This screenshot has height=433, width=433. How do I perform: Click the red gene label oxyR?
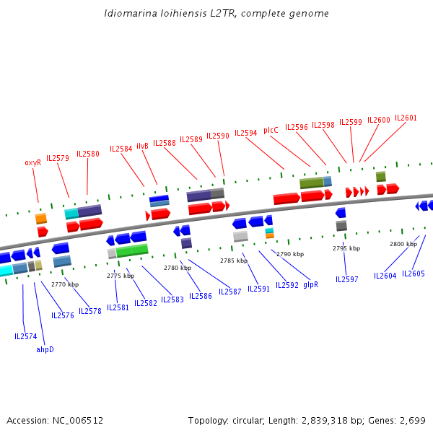(x=33, y=162)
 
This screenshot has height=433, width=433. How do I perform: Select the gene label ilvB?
(x=142, y=146)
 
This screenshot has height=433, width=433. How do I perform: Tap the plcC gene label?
(x=271, y=131)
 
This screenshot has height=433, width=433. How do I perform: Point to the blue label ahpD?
(x=45, y=349)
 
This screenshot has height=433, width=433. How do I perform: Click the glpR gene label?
(x=310, y=285)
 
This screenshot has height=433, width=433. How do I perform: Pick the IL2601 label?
(x=406, y=118)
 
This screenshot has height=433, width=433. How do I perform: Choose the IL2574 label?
(x=26, y=336)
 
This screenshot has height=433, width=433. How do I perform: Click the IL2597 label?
(x=347, y=279)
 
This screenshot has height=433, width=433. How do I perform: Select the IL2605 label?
(x=413, y=274)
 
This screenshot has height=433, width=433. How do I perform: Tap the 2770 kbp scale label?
(x=65, y=284)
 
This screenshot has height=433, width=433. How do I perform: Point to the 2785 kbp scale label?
(x=234, y=261)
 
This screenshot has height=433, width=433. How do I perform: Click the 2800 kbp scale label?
(x=403, y=244)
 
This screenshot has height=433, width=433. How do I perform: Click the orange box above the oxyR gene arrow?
(x=41, y=219)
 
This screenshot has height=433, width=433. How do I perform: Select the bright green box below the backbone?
(x=132, y=250)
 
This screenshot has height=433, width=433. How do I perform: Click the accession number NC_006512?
(x=78, y=421)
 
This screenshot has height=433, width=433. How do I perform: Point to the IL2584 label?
(x=121, y=149)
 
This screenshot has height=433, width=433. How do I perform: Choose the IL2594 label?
(x=246, y=133)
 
